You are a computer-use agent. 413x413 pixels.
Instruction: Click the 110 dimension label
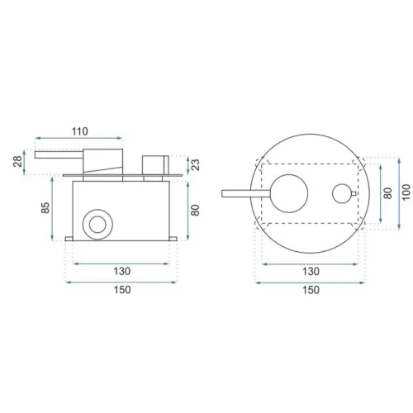(x=80, y=131)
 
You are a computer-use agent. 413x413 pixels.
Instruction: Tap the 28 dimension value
(x=17, y=162)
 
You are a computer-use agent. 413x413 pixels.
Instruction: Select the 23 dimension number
(x=195, y=165)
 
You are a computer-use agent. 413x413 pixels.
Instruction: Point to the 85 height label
(x=45, y=207)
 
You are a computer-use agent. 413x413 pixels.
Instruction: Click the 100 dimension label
(x=406, y=192)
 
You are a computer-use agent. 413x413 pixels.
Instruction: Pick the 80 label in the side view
(x=195, y=211)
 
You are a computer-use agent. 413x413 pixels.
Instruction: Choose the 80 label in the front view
(x=387, y=193)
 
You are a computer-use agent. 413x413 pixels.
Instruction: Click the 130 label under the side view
(x=122, y=272)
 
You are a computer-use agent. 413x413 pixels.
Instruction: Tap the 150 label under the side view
(x=122, y=290)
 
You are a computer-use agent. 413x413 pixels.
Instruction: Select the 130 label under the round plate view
(x=311, y=272)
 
